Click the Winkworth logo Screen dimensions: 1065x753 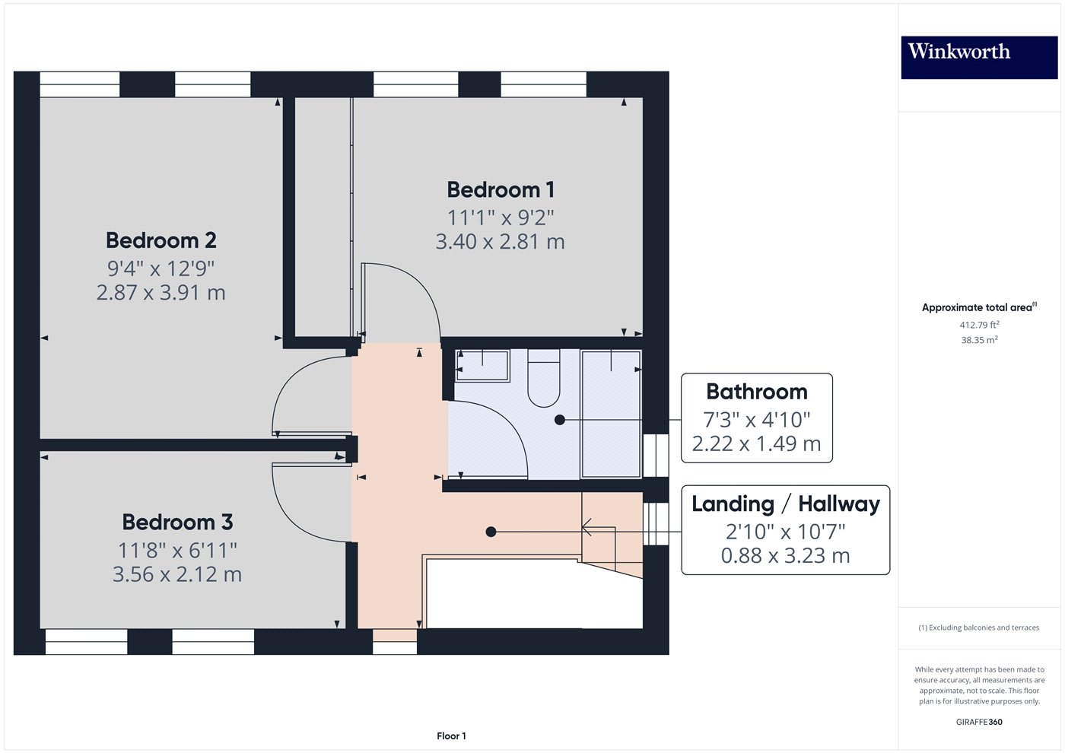coord(979,58)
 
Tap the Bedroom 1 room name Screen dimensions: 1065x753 coord(501,189)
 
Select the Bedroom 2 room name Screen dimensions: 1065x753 coord(161,240)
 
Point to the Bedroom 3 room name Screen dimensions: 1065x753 coord(177,522)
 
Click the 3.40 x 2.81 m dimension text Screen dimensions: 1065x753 coord(501,242)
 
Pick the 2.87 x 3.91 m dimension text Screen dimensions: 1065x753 coord(161,292)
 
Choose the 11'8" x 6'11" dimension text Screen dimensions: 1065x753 coord(177,551)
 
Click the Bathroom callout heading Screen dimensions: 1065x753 coord(757,392)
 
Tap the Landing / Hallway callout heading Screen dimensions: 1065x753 coord(785,504)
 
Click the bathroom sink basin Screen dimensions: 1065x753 coord(482,366)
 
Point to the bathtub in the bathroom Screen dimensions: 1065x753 coord(611,414)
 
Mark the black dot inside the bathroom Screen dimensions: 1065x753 coord(560,420)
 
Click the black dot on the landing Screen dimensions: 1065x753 coord(491,532)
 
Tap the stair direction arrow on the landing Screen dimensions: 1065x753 coord(599,527)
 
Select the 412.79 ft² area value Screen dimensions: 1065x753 coord(979,325)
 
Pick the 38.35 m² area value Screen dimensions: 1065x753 coord(979,340)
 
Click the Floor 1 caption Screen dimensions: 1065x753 coord(451,736)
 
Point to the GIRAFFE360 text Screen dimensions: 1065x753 coord(979,722)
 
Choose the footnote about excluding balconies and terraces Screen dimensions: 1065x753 coord(979,627)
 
